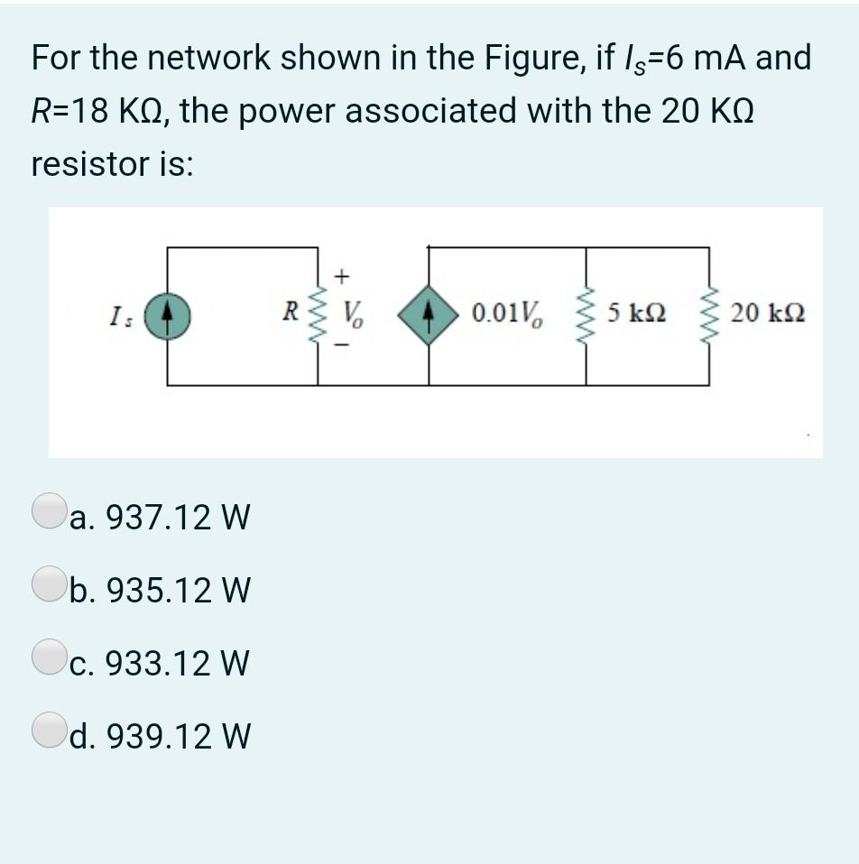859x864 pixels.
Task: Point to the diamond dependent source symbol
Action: (x=428, y=316)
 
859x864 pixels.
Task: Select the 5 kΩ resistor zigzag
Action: (x=587, y=315)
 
